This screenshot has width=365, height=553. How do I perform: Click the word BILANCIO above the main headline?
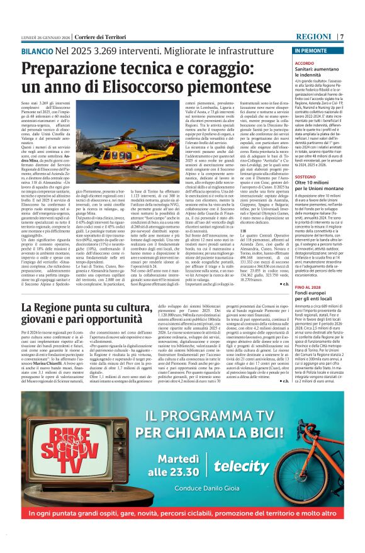click(36, 48)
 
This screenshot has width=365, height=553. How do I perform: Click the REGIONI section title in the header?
click(313, 36)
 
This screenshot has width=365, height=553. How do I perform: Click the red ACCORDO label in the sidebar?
click(322, 64)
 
